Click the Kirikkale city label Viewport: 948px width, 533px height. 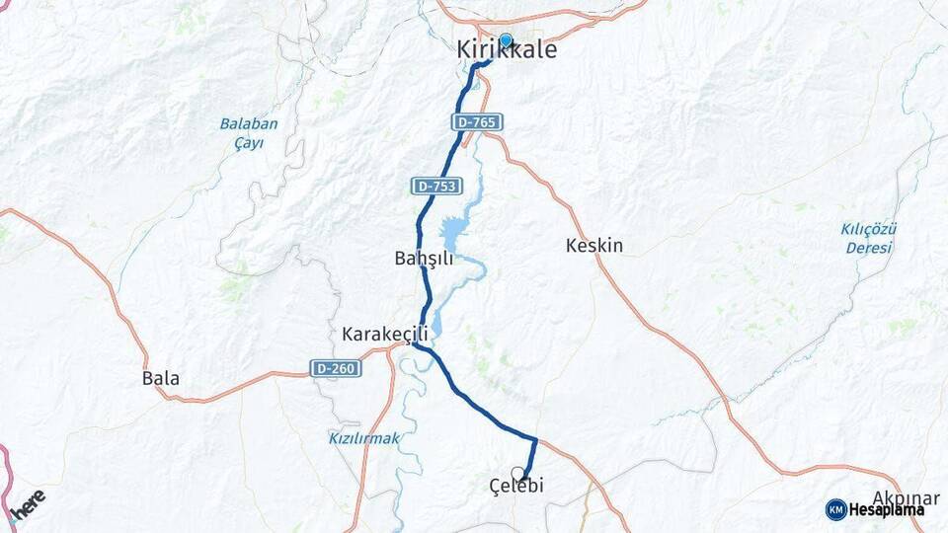[507, 50]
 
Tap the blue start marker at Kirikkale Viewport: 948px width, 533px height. [506, 40]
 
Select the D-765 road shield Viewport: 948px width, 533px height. [479, 122]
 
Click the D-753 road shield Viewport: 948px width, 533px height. [434, 186]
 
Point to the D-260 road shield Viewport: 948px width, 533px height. [333, 368]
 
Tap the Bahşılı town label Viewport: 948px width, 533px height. [423, 259]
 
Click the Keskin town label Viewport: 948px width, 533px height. [593, 246]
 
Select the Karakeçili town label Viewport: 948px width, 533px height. [384, 334]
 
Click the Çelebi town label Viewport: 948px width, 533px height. [516, 486]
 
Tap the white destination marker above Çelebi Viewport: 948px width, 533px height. [517, 473]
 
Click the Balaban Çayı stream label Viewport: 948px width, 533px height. [249, 133]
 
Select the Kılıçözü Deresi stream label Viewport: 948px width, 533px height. [868, 238]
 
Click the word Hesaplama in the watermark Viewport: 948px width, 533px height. [886, 509]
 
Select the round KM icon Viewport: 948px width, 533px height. [835, 509]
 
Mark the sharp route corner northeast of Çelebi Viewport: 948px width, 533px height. [536, 438]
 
